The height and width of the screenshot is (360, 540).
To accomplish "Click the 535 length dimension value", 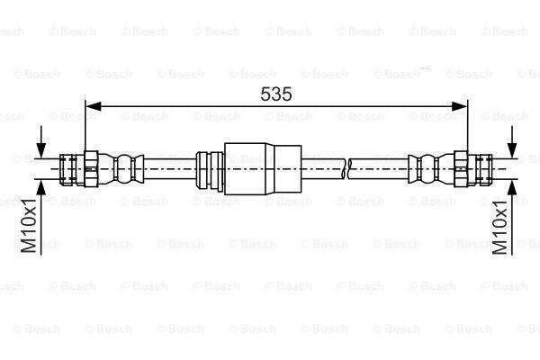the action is point(276,94).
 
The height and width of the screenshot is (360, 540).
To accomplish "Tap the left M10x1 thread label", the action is point(29,225).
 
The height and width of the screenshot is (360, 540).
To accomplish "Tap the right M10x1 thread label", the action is point(499,227).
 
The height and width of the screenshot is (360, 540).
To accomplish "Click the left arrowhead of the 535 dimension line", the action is point(93,106).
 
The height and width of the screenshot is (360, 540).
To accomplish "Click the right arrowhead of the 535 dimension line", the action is point(459,106).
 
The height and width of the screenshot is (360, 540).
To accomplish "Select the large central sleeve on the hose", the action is point(263,169).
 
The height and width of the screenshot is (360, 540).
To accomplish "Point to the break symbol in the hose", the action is point(346,169).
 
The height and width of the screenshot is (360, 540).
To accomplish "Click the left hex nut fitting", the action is point(91,169).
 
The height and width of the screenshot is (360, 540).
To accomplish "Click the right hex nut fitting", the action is point(461,169).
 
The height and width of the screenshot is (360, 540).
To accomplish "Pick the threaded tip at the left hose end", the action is point(67,169).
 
